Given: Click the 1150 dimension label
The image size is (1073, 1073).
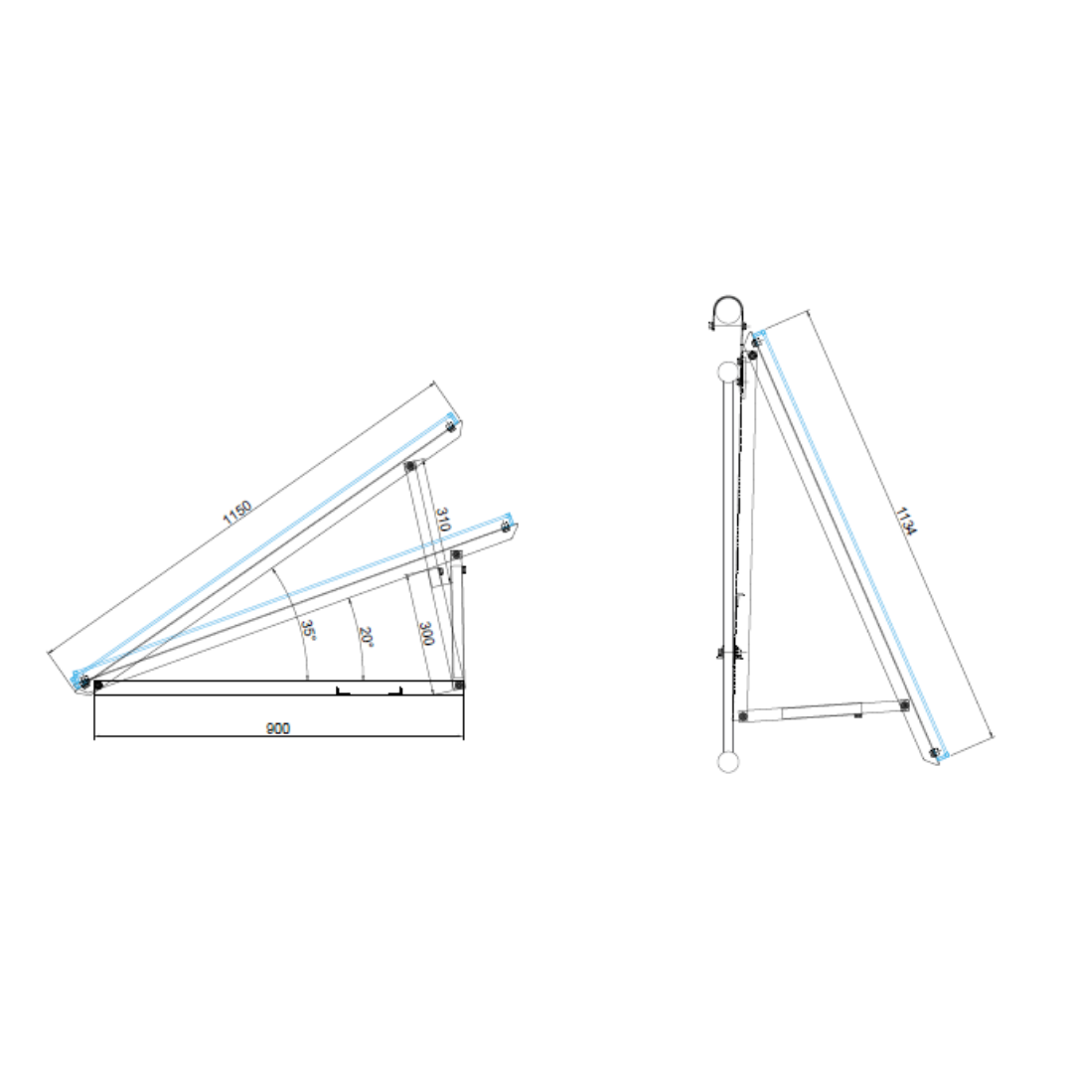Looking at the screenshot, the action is [x=237, y=512].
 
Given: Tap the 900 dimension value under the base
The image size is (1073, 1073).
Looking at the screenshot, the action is [x=278, y=728].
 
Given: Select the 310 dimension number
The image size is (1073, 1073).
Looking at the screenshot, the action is [x=443, y=520].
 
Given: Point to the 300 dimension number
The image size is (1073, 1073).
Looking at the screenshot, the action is [x=425, y=634].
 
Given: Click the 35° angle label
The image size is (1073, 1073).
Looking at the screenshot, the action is [x=308, y=630].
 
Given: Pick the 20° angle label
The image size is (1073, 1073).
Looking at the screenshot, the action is [x=366, y=637].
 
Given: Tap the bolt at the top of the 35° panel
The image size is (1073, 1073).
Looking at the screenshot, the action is [x=450, y=427].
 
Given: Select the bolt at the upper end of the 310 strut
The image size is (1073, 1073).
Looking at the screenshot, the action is [x=410, y=466].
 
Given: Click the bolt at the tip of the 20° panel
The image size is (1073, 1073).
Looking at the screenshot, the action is [x=506, y=527].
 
